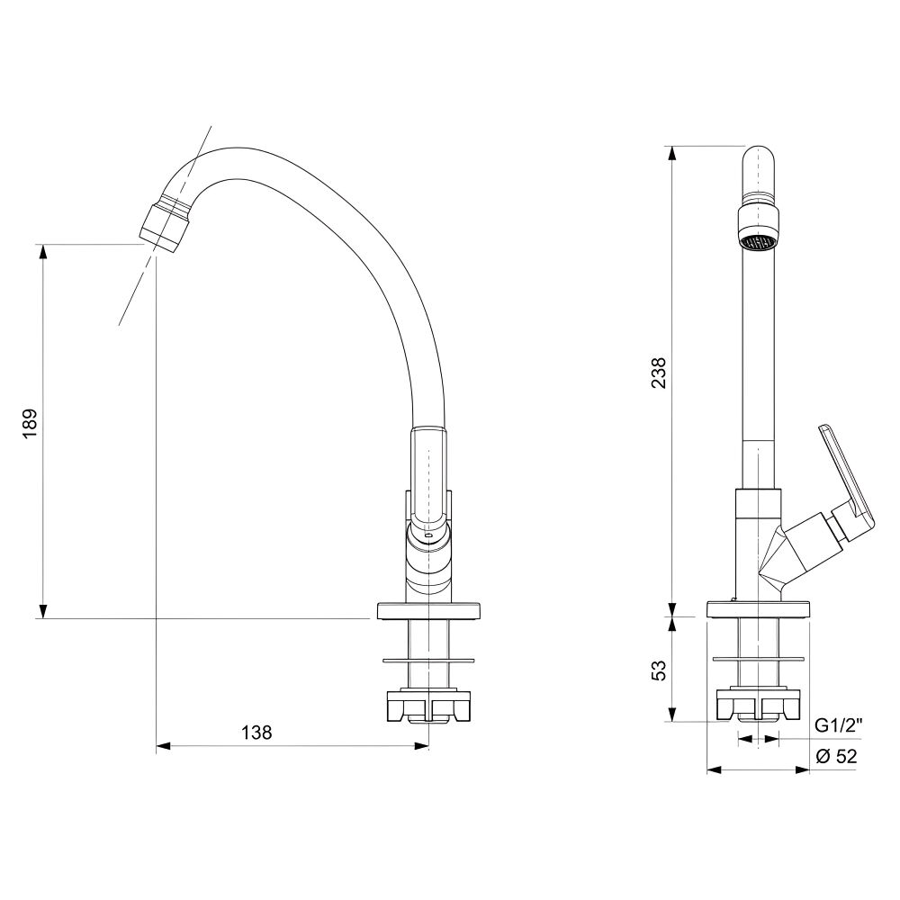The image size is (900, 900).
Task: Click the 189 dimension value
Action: pos(30,424)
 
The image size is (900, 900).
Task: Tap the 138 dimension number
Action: pos(256,733)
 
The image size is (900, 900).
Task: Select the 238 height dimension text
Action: pos(660,373)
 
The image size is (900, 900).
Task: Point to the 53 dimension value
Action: pos(660,670)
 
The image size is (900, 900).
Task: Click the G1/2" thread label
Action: pos(839,726)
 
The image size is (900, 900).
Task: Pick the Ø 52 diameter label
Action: pos(836,757)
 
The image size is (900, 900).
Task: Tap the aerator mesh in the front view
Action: pos(758,243)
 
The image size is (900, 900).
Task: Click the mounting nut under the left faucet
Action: pos(428,706)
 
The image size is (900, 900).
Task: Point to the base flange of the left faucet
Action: pos(428,611)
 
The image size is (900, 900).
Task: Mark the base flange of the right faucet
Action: pos(758,609)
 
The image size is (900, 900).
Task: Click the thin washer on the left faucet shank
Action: pos(428,660)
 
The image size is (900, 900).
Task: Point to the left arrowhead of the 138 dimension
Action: pos(164,746)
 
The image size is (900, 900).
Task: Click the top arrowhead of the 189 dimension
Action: pos(42,253)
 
